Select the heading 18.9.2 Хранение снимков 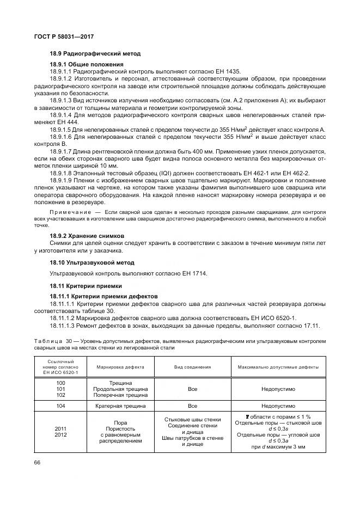pyautogui.click(x=87, y=236)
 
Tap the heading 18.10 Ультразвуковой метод pyautogui.click(x=91, y=262)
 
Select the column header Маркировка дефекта pyautogui.click(x=120, y=367)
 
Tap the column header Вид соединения pyautogui.click(x=192, y=367)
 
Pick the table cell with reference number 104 pyautogui.click(x=60, y=406)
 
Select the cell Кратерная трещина pyautogui.click(x=120, y=406)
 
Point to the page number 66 pyautogui.click(x=38, y=461)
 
